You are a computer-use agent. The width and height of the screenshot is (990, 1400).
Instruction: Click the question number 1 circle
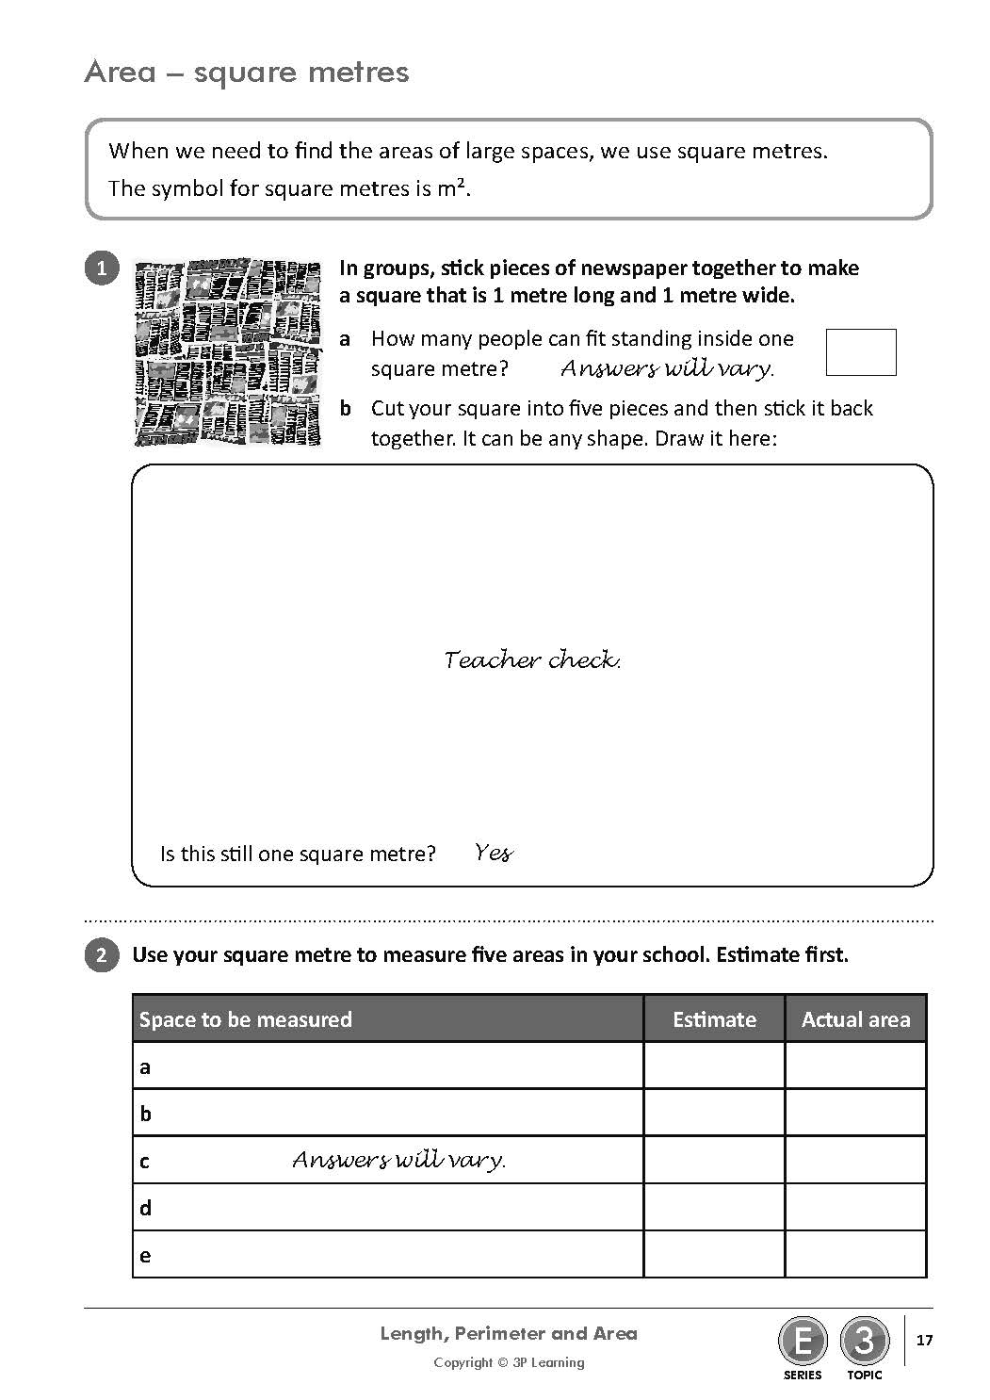(102, 269)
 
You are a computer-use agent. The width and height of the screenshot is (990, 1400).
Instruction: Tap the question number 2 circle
(102, 955)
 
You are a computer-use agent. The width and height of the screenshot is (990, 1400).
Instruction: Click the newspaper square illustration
(228, 352)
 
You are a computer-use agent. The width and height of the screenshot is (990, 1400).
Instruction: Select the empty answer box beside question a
(860, 352)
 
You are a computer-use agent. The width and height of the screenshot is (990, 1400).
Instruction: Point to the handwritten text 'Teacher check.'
(532, 659)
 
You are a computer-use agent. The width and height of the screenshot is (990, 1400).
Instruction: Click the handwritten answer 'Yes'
(494, 854)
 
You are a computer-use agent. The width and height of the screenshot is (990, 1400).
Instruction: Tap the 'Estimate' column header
(714, 1019)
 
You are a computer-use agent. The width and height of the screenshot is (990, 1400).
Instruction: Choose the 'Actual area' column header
(855, 1019)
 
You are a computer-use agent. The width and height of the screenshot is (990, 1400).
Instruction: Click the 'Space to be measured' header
(246, 1019)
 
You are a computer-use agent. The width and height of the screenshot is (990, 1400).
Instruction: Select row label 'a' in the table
(145, 1067)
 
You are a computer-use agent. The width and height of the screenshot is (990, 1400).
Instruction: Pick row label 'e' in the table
(145, 1256)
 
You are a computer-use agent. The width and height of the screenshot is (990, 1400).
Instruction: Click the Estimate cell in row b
(714, 1114)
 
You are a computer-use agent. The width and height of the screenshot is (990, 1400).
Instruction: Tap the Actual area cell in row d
(855, 1208)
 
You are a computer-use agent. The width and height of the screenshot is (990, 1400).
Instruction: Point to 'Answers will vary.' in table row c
(398, 1160)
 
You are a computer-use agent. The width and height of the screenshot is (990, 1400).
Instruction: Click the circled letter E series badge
(803, 1340)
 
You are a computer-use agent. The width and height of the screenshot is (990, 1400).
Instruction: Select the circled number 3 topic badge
(864, 1340)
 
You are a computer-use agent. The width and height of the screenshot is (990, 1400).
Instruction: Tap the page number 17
(924, 1340)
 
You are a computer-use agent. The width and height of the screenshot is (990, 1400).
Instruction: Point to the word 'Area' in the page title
(120, 73)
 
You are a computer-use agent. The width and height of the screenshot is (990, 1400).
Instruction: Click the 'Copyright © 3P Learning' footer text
(509, 1362)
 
